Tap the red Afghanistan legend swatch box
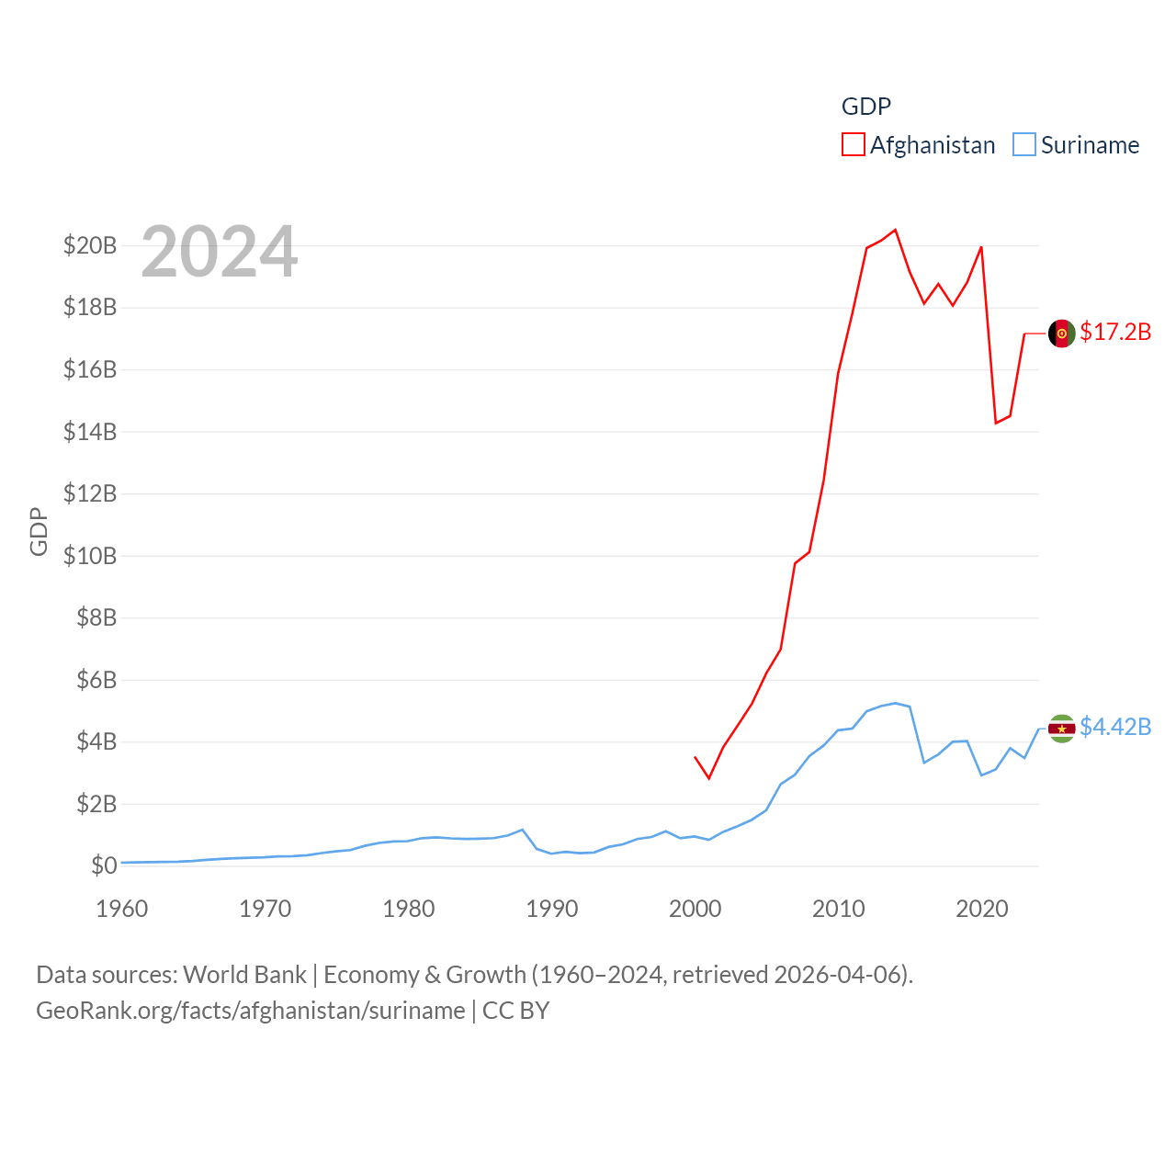click(x=854, y=145)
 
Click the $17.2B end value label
click(x=1115, y=332)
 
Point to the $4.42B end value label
click(x=1115, y=727)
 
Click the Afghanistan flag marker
click(x=1062, y=334)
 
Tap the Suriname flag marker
click(x=1062, y=729)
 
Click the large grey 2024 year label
click(x=220, y=252)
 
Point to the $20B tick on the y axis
click(x=90, y=245)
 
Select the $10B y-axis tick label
click(x=90, y=556)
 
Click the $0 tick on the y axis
click(x=104, y=865)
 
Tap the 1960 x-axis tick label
click(x=122, y=909)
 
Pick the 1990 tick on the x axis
click(x=552, y=909)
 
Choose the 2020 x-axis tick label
click(x=982, y=909)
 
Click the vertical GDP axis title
click(x=39, y=531)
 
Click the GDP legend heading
click(x=866, y=107)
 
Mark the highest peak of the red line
click(x=895, y=230)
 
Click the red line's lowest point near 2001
click(x=708, y=778)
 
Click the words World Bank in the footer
click(x=244, y=974)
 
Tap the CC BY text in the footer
click(x=515, y=1011)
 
